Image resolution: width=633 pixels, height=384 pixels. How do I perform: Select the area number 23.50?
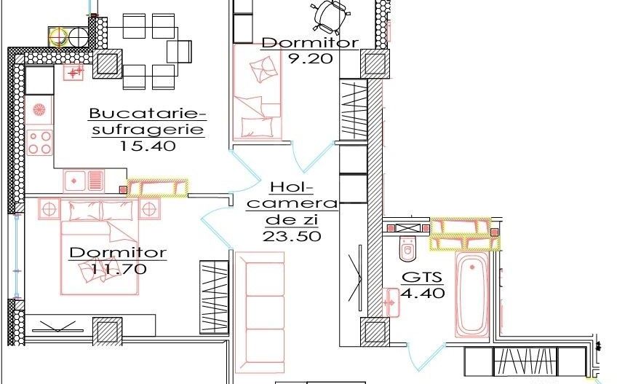pos(292,235)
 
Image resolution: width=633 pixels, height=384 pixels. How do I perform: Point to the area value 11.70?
pos(118,268)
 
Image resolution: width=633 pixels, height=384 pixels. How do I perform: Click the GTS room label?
pos(417,278)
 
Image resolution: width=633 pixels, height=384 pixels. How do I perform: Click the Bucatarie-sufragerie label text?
pos(148,122)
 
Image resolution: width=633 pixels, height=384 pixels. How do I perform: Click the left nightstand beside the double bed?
pos(49,208)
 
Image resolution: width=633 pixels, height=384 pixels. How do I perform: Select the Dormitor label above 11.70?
pos(118,253)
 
